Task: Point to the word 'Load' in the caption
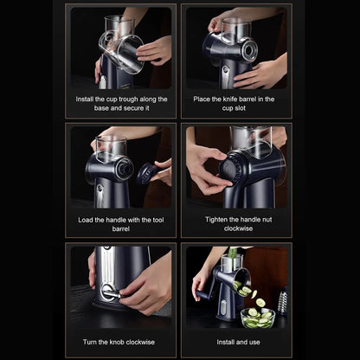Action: pos(86,220)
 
